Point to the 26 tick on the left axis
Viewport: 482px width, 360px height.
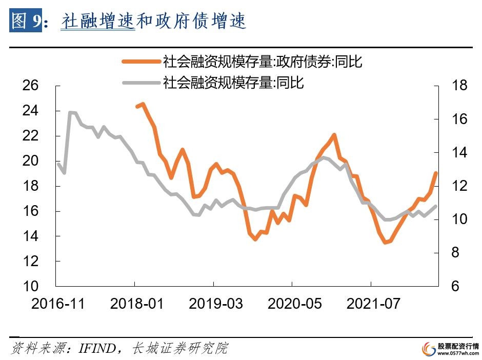(x=31, y=85)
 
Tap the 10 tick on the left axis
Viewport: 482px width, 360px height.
(x=31, y=286)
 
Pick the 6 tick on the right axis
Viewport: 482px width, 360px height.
(x=455, y=286)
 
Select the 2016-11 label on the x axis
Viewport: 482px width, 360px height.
(x=58, y=303)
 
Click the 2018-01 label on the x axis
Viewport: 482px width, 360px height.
(x=137, y=303)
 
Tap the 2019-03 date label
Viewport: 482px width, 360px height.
(x=216, y=303)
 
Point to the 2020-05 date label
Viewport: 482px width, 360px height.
(x=295, y=303)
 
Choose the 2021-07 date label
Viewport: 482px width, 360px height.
(x=373, y=303)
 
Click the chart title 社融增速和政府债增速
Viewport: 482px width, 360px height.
(x=154, y=21)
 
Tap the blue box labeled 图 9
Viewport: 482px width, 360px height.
(x=25, y=21)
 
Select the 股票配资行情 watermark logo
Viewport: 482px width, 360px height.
(x=450, y=349)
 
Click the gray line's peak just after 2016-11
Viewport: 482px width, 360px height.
(x=71, y=112)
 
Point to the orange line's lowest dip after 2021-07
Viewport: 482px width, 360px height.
(x=386, y=243)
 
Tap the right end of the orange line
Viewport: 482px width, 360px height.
(x=436, y=173)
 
